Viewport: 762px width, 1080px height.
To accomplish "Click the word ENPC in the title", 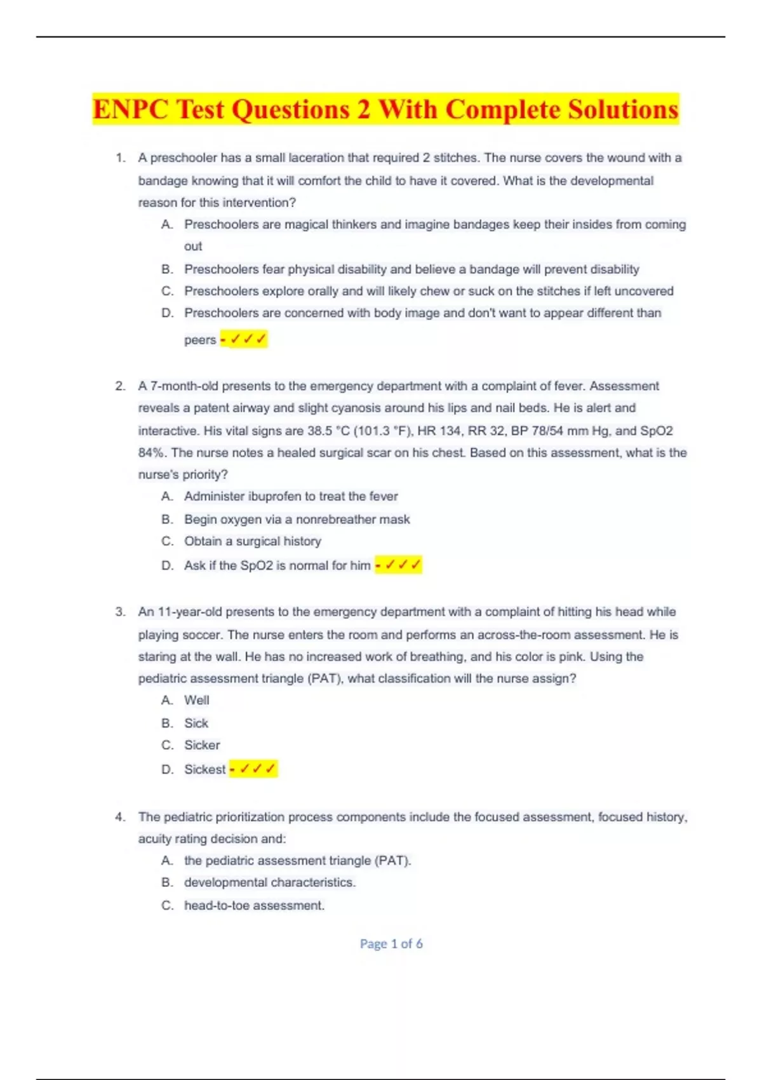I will pos(130,109).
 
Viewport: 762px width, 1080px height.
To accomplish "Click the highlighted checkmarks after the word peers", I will pos(244,339).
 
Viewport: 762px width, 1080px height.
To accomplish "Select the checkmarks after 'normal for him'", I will pos(399,565).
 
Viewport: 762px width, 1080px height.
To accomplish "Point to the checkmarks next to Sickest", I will pos(253,769).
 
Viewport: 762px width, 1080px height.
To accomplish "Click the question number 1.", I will pos(120,158).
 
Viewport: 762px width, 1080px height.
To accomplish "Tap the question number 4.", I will pos(120,817).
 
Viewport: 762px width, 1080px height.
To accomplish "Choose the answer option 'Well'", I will pos(196,700).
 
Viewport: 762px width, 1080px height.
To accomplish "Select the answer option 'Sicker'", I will pos(202,745).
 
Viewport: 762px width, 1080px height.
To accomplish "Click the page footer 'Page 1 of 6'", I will pos(391,943).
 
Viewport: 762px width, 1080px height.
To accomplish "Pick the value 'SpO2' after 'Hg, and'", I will pos(656,431).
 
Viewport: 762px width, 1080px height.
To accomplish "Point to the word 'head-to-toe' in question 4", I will pos(213,905).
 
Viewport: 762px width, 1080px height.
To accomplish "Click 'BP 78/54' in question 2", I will pos(537,431).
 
